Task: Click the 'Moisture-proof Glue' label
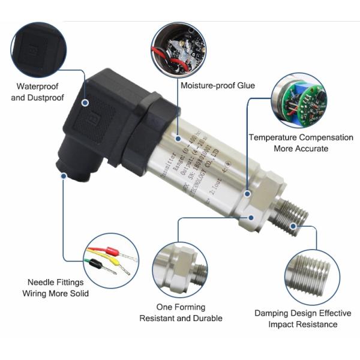point(218,86)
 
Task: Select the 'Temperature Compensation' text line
point(301,137)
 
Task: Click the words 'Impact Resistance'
point(302,324)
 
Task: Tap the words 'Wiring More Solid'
point(55,293)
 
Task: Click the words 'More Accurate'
point(301,148)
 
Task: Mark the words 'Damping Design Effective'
point(302,313)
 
